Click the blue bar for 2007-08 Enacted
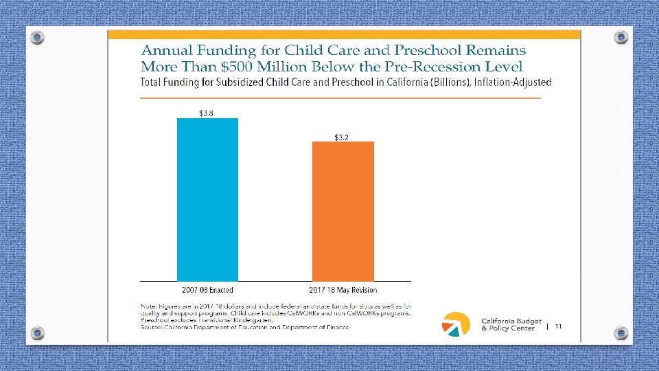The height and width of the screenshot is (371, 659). (x=207, y=199)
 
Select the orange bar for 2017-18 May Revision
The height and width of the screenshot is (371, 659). (x=343, y=211)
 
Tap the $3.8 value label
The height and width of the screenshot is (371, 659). (x=206, y=113)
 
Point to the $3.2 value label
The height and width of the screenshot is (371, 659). (x=341, y=137)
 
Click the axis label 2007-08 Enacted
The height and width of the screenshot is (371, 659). (x=208, y=290)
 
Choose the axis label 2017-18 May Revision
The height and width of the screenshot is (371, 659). (x=343, y=290)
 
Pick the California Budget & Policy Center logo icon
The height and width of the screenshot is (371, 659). (x=456, y=324)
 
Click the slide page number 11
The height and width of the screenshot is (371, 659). (x=558, y=326)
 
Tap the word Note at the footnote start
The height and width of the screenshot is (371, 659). (x=149, y=305)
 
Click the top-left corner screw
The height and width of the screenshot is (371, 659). (x=38, y=38)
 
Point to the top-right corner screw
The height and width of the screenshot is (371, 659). (x=621, y=38)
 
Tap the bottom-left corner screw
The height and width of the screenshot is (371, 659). (x=38, y=333)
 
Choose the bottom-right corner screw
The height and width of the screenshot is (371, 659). (x=621, y=333)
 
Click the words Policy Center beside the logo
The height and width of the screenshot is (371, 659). (x=511, y=328)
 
